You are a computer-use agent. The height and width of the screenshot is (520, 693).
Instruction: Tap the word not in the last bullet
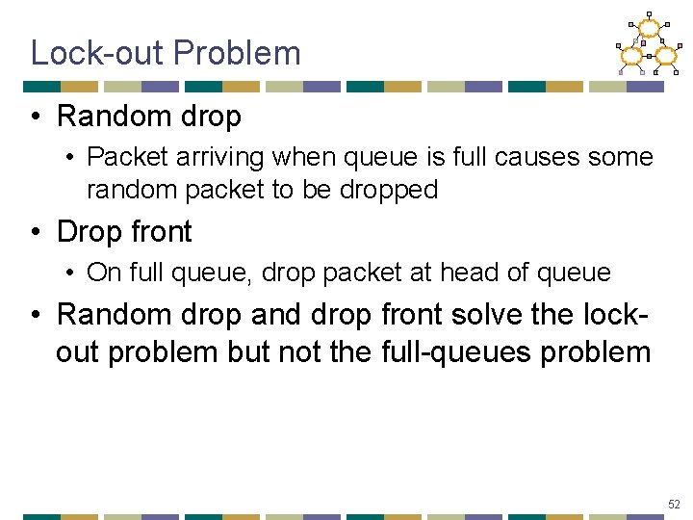pyautogui.click(x=303, y=351)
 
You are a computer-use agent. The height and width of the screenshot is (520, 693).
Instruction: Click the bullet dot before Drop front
pyautogui.click(x=36, y=233)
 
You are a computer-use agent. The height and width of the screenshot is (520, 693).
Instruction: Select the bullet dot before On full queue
pyautogui.click(x=71, y=273)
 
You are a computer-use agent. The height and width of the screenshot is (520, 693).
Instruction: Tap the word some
pyautogui.click(x=623, y=157)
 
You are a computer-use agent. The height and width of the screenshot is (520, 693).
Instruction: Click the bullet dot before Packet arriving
pyautogui.click(x=71, y=158)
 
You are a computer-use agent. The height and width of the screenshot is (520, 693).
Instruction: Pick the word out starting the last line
pyautogui.click(x=77, y=351)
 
